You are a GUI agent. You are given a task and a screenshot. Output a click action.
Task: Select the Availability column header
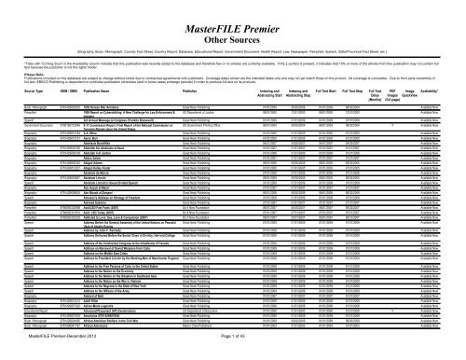point(442,117)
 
